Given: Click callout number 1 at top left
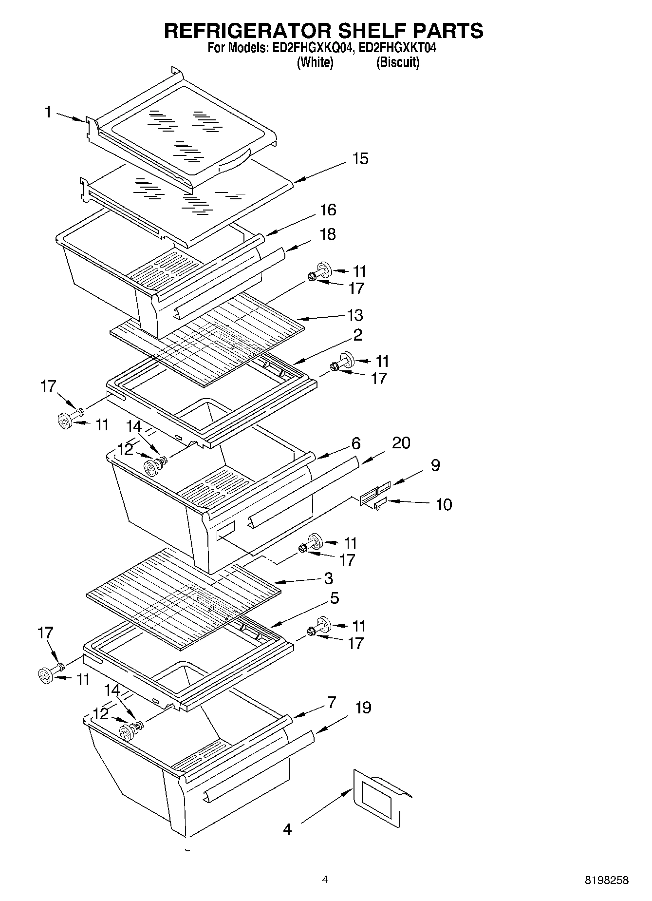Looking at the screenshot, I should (x=48, y=113).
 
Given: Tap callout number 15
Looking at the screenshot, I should (x=360, y=159).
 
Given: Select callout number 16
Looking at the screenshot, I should (x=328, y=210).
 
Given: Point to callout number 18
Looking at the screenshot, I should (x=328, y=234).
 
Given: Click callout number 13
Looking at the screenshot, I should (x=355, y=315).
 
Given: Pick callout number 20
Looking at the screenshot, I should (x=401, y=443).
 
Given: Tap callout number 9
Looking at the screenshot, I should (x=435, y=465).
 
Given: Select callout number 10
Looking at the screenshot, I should (x=444, y=504).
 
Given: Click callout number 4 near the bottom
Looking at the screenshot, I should (x=287, y=828).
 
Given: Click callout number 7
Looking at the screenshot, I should (x=331, y=702).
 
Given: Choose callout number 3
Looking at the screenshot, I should (x=328, y=578).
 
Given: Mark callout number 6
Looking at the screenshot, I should (x=355, y=443).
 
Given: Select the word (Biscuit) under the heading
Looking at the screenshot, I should (x=397, y=62).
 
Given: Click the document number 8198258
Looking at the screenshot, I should (x=606, y=880).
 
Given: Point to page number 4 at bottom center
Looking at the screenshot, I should (x=325, y=880).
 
